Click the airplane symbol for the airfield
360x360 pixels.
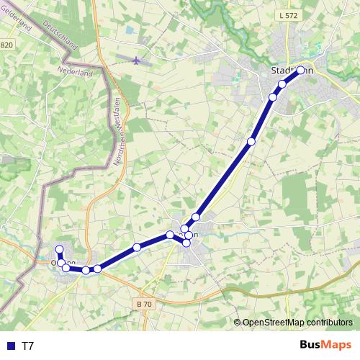click(x=137, y=60)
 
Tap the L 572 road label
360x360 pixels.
click(x=286, y=15)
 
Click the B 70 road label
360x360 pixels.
click(x=144, y=305)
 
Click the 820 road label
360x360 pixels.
click(x=6, y=45)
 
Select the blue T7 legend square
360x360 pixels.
click(x=10, y=346)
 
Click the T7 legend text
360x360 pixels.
click(x=28, y=346)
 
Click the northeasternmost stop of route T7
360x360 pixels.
click(x=301, y=70)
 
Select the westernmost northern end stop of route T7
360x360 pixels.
click(x=59, y=250)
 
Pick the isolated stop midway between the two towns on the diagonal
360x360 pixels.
click(x=251, y=142)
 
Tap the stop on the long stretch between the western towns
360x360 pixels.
click(x=137, y=248)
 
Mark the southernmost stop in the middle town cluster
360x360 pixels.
click(x=186, y=243)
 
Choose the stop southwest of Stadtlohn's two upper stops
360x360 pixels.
click(x=273, y=97)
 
